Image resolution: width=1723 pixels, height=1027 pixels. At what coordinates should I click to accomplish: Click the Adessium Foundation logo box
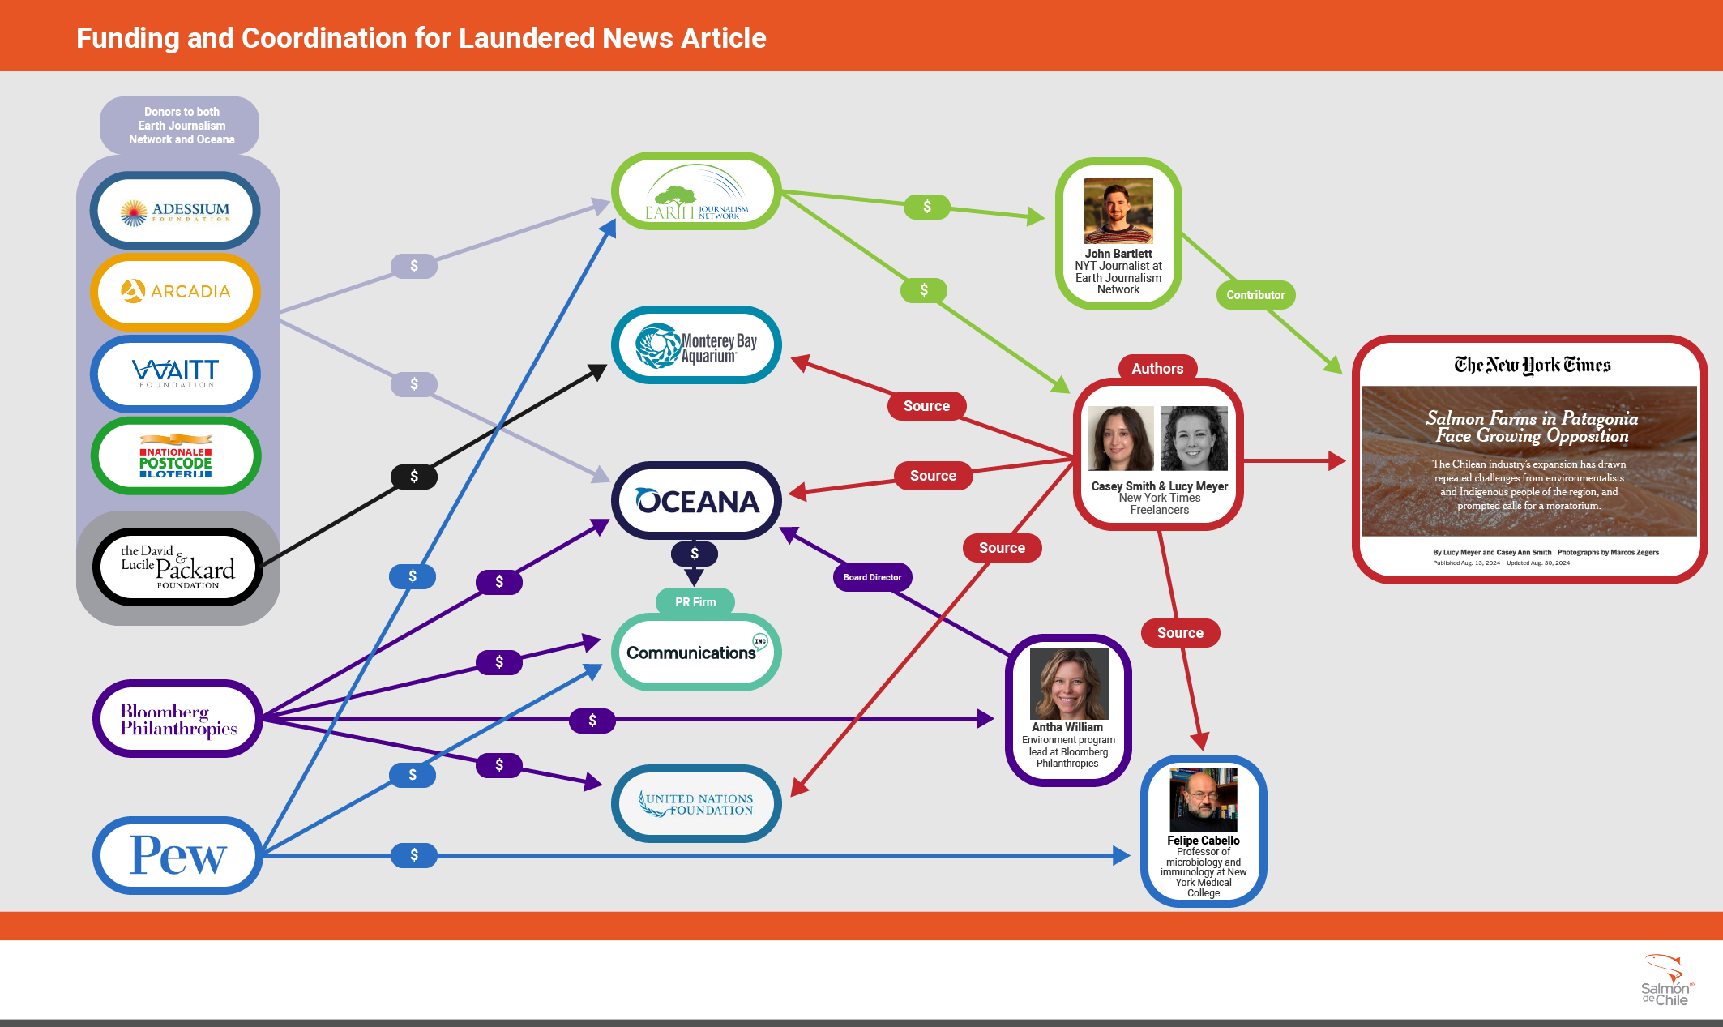coord(175,211)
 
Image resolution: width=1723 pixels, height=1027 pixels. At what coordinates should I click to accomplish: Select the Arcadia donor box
coord(175,292)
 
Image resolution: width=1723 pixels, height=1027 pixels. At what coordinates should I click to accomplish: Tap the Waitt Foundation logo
coord(175,374)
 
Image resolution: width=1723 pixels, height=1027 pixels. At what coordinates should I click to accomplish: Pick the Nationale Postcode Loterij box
coord(175,456)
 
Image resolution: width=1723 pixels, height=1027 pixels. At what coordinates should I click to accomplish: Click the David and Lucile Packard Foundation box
coord(177,567)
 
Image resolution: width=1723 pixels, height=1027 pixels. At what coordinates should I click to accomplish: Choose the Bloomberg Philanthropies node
coord(177,719)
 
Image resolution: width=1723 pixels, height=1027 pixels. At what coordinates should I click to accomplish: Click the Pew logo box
coord(177,855)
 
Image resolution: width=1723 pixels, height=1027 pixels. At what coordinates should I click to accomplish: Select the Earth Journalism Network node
coord(696,191)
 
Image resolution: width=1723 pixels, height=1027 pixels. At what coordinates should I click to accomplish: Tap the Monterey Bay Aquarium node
coord(696,345)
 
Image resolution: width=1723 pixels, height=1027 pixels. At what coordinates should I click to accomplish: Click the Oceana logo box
coord(696,501)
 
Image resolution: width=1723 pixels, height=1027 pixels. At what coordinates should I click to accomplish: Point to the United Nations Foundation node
coord(696,803)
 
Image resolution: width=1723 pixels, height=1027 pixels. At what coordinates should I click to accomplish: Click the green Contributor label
coord(1255,295)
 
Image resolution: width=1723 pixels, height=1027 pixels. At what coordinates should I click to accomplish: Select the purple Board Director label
coord(872,577)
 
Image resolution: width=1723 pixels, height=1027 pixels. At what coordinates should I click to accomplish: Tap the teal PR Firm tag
coord(695,601)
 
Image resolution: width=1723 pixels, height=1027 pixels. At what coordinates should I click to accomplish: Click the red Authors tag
coord(1157,369)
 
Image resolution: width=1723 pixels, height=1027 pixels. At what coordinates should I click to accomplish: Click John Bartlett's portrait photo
coord(1118,211)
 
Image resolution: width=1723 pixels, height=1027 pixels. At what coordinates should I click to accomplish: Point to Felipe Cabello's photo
coord(1204,800)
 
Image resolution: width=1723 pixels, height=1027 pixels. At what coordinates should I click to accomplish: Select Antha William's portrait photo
coord(1069,683)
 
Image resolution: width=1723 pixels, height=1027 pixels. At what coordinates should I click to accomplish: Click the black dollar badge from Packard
coord(414,477)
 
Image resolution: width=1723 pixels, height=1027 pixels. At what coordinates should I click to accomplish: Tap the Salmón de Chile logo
coord(1665,981)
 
